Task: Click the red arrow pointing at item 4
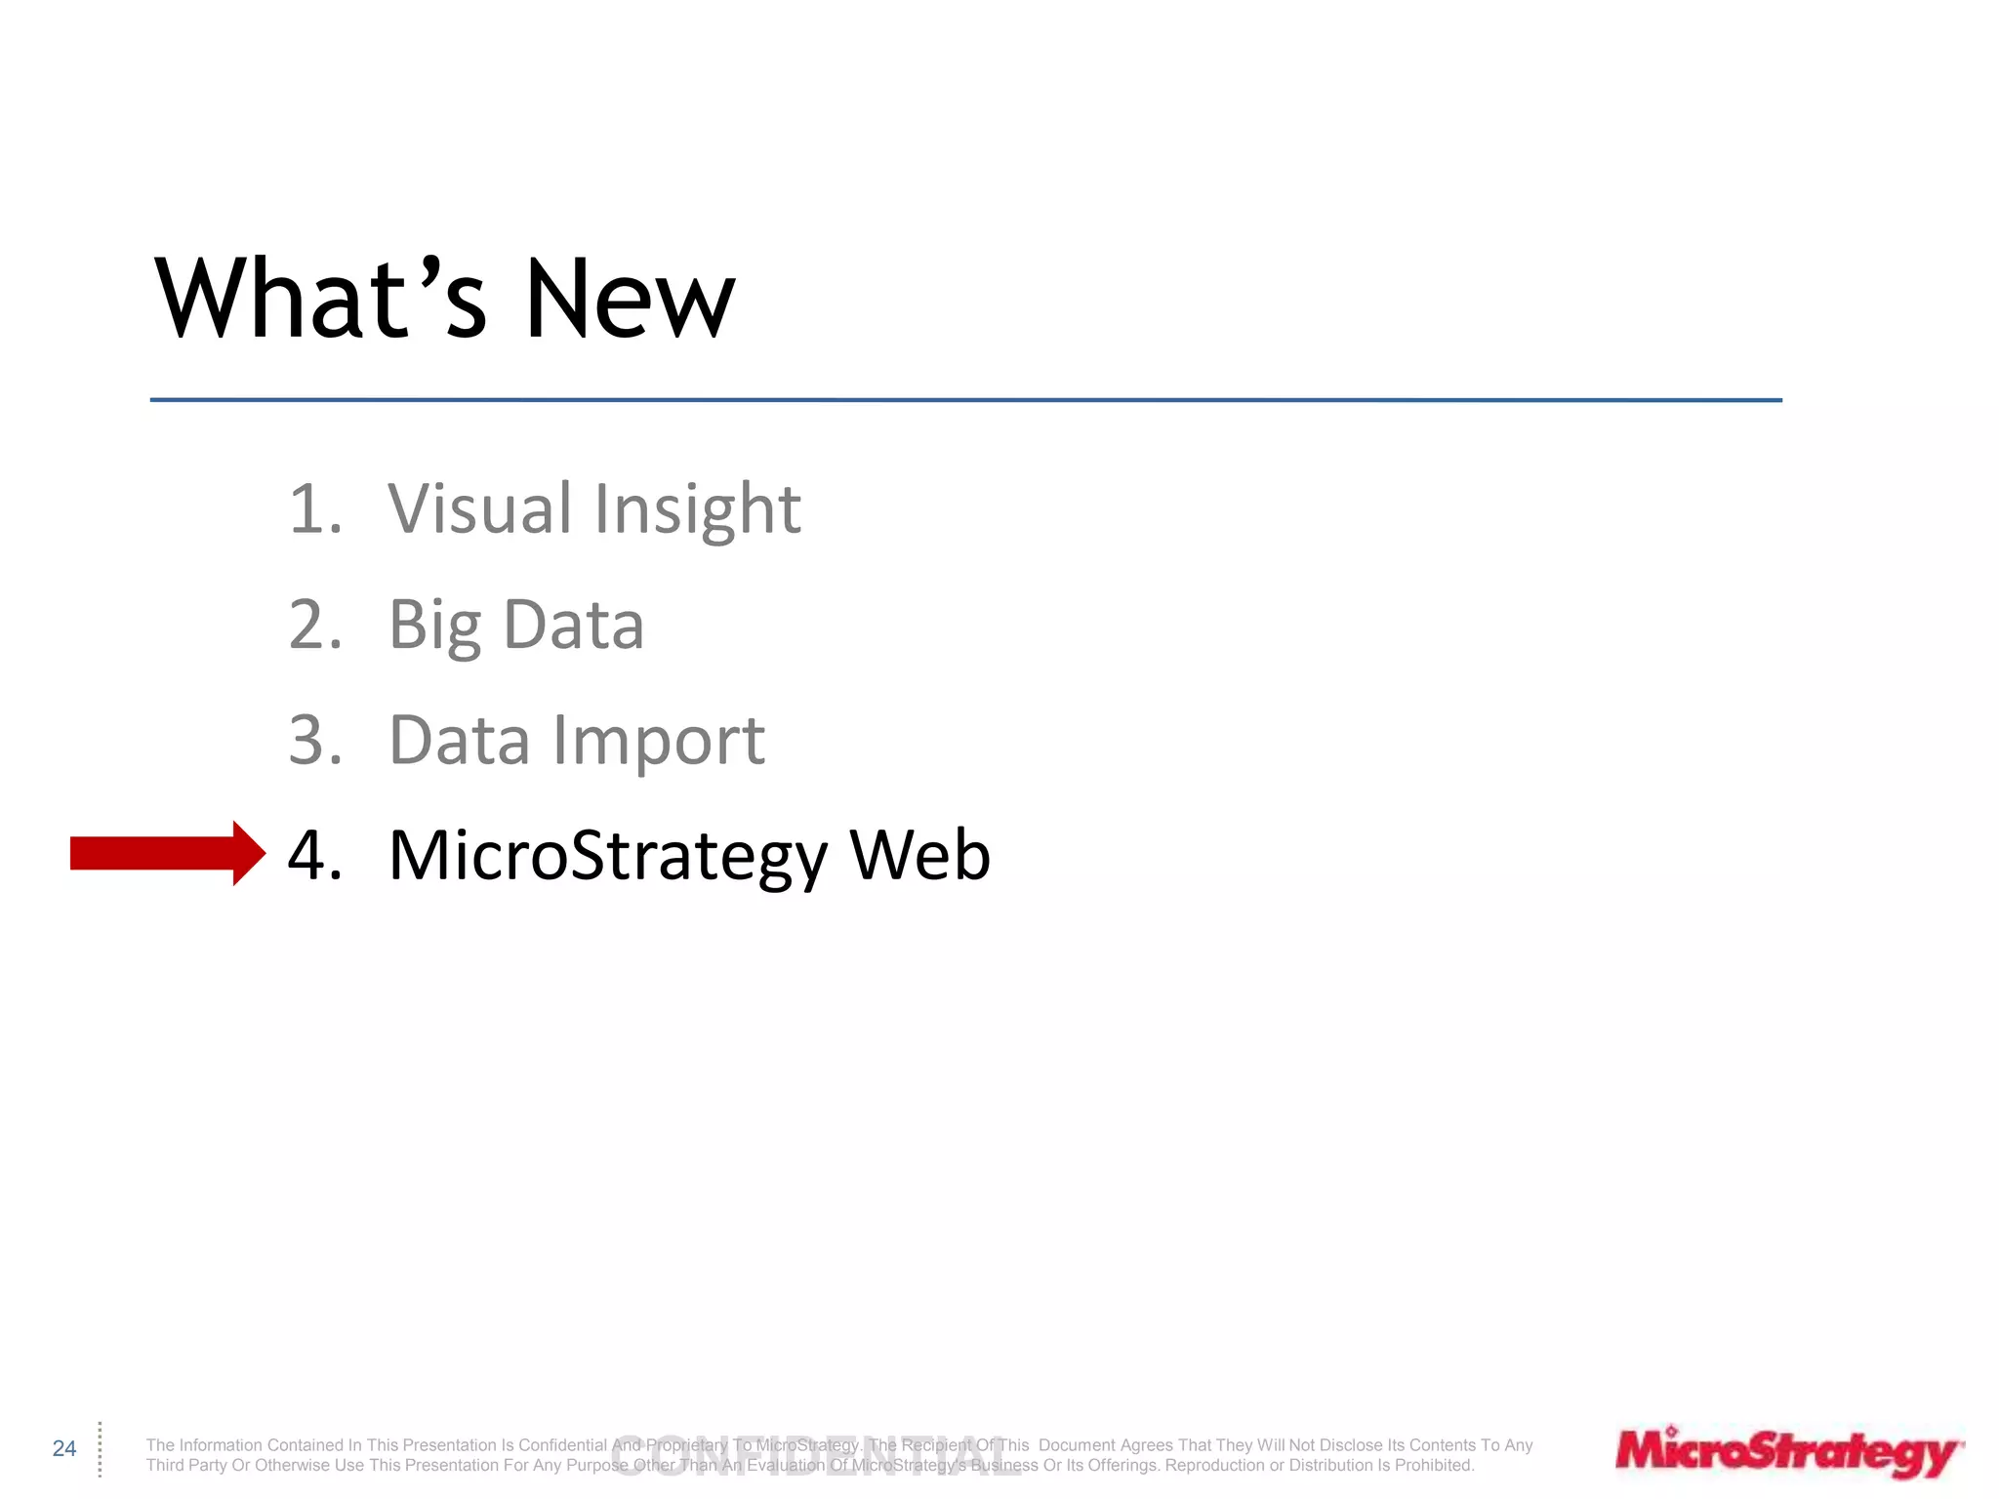pyautogui.click(x=166, y=854)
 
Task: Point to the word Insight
pyautogui.click(x=697, y=508)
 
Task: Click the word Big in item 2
pyautogui.click(x=434, y=626)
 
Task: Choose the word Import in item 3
pyautogui.click(x=659, y=741)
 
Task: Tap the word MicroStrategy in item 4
pyautogui.click(x=607, y=856)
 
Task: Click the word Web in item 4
pyautogui.click(x=919, y=855)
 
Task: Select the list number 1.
pyautogui.click(x=314, y=508)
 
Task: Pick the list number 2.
pyautogui.click(x=314, y=625)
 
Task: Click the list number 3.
pyautogui.click(x=314, y=740)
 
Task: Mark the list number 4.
pyautogui.click(x=314, y=855)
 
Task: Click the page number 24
pyautogui.click(x=64, y=1448)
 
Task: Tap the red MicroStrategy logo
pyautogui.click(x=1788, y=1452)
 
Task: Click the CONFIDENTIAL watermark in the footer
pyautogui.click(x=815, y=1457)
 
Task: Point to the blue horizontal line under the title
pyautogui.click(x=965, y=400)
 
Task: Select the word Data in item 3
pyautogui.click(x=460, y=740)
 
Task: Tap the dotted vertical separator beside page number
pyautogui.click(x=100, y=1448)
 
